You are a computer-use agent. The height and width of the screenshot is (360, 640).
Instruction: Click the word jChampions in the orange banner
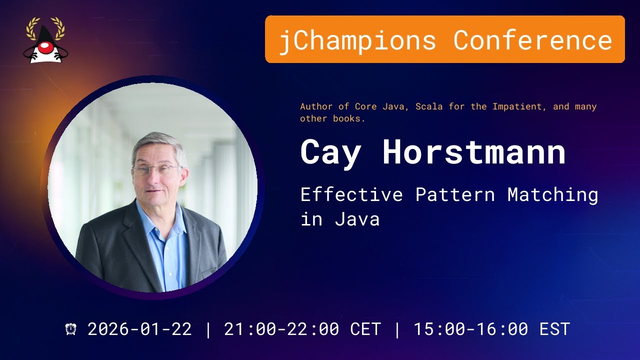tap(357, 40)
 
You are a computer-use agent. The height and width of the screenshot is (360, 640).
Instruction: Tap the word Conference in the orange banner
tap(533, 39)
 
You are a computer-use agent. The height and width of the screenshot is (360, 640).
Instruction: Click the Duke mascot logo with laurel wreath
tap(45, 40)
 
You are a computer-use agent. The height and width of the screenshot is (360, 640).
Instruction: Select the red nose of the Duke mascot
tap(45, 47)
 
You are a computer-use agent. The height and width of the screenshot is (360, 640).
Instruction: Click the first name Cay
tap(330, 153)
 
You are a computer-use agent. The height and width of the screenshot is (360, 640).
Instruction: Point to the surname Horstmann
tap(474, 151)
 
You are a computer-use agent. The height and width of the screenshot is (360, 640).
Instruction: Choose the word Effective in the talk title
tap(351, 194)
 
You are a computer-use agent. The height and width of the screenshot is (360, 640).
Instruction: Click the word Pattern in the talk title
tap(455, 194)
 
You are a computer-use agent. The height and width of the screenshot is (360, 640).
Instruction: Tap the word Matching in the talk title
tap(553, 195)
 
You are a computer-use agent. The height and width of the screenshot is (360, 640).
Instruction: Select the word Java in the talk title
tap(357, 219)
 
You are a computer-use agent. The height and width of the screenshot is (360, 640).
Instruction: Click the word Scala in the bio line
tap(429, 106)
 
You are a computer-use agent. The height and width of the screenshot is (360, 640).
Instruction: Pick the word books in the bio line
tap(349, 118)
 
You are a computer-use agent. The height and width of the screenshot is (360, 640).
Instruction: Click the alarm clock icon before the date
tap(70, 329)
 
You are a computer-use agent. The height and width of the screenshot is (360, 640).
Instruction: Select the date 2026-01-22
tap(139, 329)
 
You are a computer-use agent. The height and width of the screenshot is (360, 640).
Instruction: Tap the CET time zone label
tap(365, 329)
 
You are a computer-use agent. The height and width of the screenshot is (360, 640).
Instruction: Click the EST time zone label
tap(554, 329)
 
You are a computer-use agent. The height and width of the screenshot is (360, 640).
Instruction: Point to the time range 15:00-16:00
tap(471, 329)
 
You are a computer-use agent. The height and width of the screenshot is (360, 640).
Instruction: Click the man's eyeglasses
tap(157, 169)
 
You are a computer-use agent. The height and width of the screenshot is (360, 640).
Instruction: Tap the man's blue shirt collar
tap(160, 217)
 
